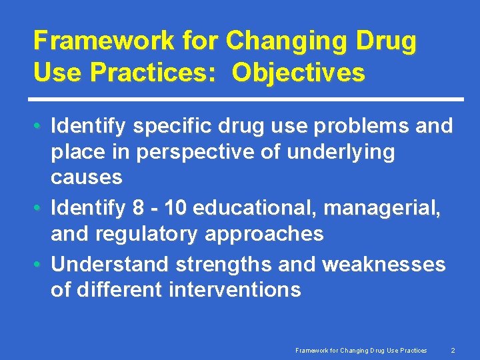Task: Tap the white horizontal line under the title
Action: tap(249, 99)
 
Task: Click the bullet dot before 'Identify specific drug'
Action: tap(39, 126)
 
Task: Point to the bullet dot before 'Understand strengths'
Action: tap(39, 265)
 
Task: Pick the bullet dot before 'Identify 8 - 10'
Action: tap(39, 209)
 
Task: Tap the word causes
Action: tap(87, 177)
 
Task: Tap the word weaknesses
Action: tap(383, 265)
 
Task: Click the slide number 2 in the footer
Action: tap(453, 350)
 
